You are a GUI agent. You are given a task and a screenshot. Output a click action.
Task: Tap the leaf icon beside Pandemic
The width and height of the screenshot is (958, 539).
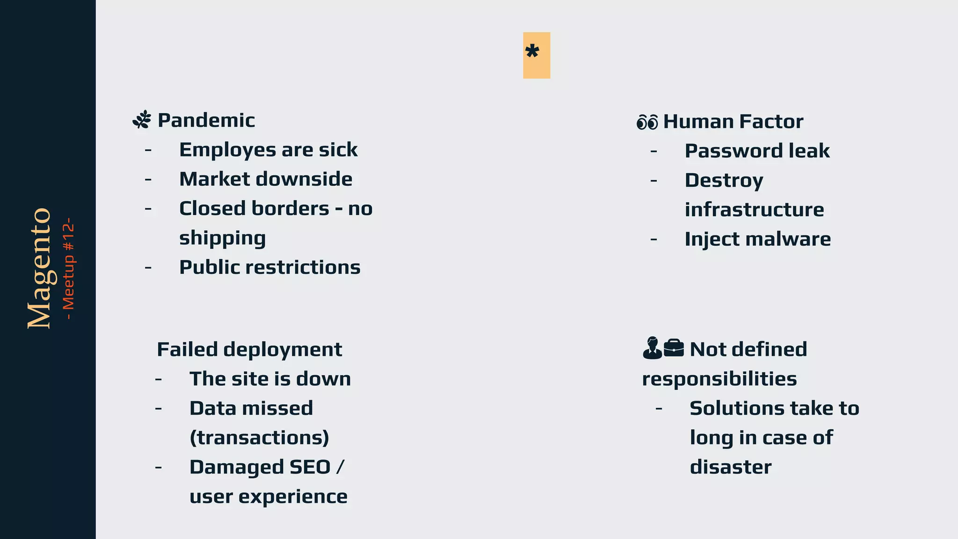tap(142, 120)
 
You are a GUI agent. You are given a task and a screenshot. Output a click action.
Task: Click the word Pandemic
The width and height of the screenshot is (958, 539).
tap(206, 121)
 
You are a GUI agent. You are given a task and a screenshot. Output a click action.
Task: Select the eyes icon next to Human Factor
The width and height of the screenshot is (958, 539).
tap(647, 122)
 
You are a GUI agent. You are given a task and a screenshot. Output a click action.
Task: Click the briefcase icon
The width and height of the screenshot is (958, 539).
tap(674, 348)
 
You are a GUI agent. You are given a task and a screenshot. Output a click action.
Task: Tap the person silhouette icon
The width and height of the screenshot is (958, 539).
tap(652, 348)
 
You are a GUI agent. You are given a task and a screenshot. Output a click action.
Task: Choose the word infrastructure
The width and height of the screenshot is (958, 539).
tap(754, 210)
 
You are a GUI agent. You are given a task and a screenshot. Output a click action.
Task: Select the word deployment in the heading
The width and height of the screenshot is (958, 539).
tap(283, 350)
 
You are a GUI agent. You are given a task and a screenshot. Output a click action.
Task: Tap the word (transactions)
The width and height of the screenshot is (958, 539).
tap(259, 438)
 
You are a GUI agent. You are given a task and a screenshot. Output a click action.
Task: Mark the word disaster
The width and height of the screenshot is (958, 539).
tap(730, 467)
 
